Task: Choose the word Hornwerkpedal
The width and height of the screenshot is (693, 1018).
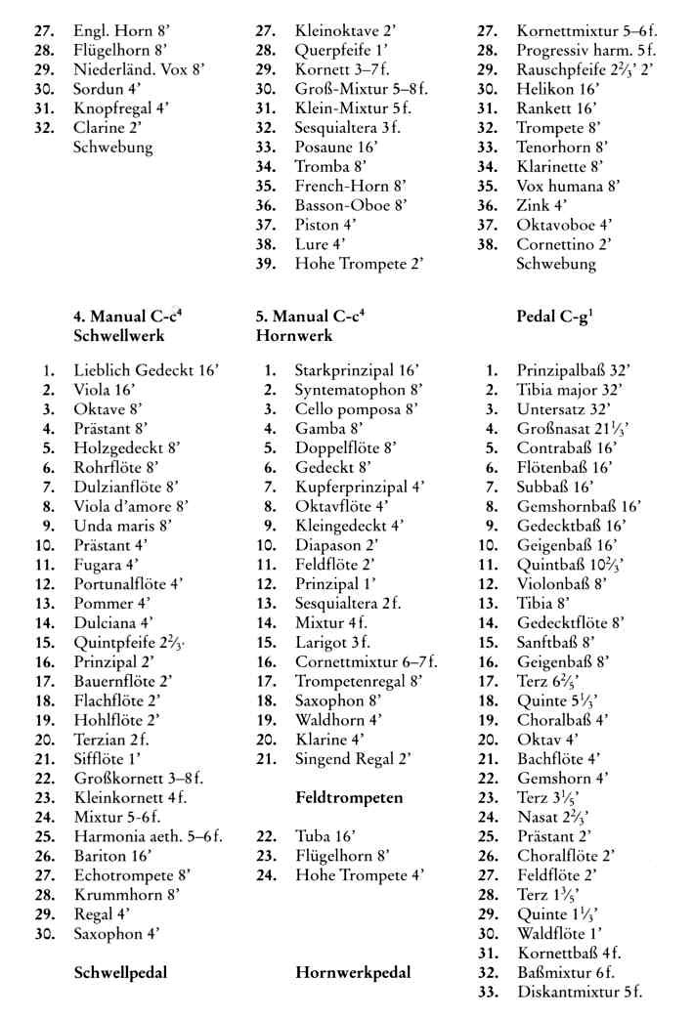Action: [352, 972]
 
